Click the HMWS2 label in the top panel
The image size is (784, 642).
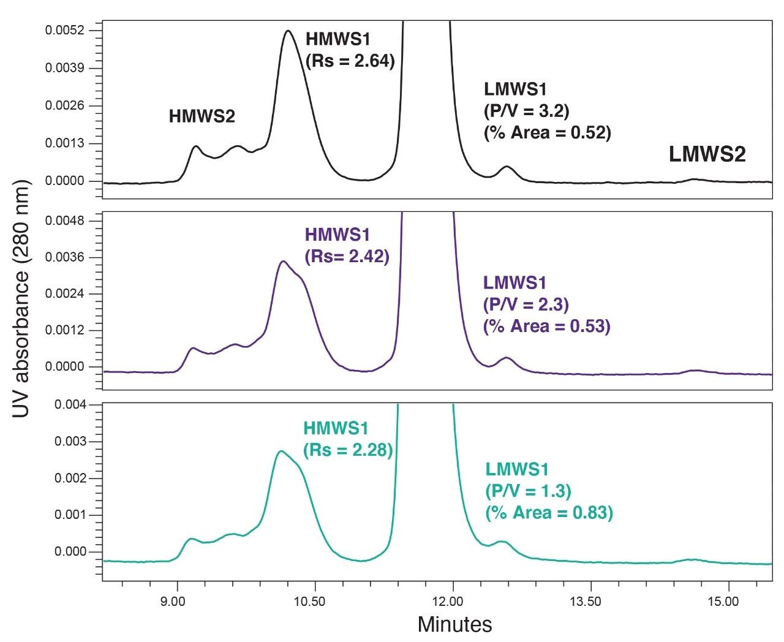coord(202,116)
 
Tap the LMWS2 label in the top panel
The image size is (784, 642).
coord(707,154)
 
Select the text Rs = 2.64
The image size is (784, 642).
coord(349,61)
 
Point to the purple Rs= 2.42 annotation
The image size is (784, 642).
coord(347,257)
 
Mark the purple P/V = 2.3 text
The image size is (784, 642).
coord(526,304)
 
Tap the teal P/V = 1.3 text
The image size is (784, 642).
coord(528,491)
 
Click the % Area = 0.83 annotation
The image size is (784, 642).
coord(549,513)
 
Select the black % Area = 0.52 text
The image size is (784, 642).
coord(548,133)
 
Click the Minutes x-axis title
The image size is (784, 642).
coord(454,624)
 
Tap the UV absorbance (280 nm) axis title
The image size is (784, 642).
coord(22,299)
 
